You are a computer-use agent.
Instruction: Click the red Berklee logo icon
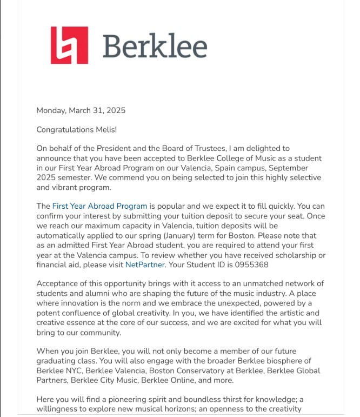[x=69, y=45]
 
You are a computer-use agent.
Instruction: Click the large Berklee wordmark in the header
[x=155, y=45]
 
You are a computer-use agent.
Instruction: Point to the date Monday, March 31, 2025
[x=81, y=110]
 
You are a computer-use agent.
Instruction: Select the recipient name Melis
[x=105, y=130]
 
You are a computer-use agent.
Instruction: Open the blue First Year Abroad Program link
[x=99, y=206]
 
